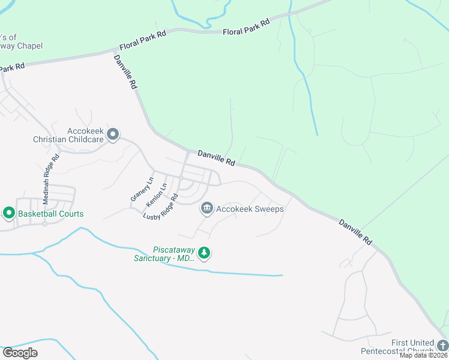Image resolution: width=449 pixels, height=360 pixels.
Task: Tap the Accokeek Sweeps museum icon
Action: coord(207,208)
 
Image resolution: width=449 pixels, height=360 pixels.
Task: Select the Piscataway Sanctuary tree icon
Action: coord(205,253)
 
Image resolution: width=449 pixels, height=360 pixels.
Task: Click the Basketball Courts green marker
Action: coord(9,213)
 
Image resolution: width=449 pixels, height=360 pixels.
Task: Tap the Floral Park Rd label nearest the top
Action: coord(246,27)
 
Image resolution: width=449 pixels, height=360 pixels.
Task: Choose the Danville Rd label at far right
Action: coord(355,231)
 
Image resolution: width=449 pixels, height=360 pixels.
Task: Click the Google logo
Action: coord(19,352)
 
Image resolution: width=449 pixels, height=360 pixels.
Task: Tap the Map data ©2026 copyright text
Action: coord(424,355)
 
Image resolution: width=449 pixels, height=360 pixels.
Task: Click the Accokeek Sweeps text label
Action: coord(250,209)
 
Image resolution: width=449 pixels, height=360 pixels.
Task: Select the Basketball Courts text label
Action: coord(51,214)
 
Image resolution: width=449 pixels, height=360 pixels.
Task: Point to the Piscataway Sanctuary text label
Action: coord(164,254)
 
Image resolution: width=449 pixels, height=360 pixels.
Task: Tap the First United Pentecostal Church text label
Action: coord(396,346)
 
